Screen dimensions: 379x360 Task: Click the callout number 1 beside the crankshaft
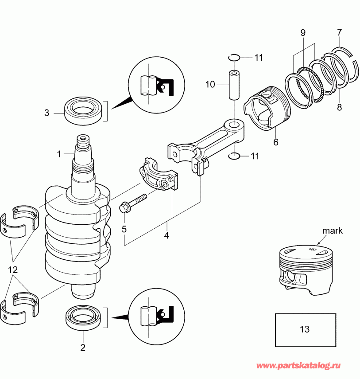click(58, 154)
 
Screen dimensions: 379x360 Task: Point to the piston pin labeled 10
click(233, 84)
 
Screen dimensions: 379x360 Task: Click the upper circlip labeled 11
click(234, 57)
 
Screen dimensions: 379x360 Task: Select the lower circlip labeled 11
click(234, 156)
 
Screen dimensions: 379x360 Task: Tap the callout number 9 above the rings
click(303, 32)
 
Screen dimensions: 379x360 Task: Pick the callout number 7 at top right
click(339, 32)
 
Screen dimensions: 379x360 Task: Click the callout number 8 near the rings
click(339, 106)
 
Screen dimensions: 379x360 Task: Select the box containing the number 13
click(305, 329)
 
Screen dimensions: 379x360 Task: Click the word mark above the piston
click(333, 231)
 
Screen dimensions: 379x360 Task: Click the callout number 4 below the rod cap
click(166, 236)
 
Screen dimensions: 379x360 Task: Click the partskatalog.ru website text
click(299, 366)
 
